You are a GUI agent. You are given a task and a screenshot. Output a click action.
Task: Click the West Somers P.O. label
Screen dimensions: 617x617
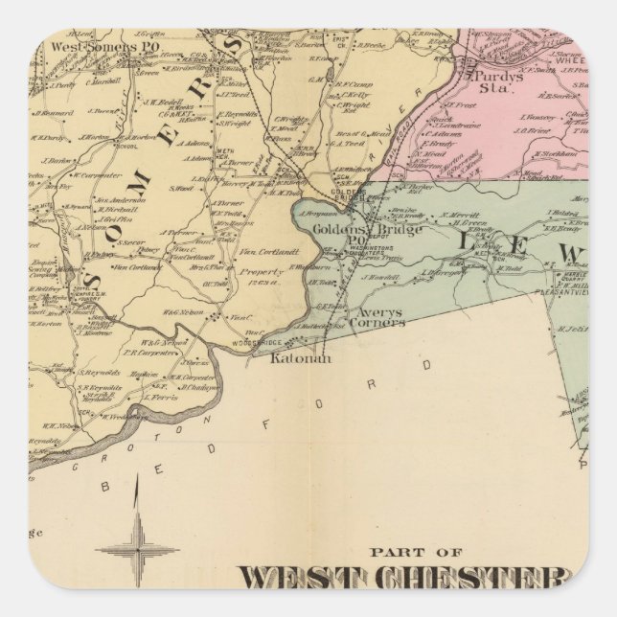(x=95, y=45)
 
